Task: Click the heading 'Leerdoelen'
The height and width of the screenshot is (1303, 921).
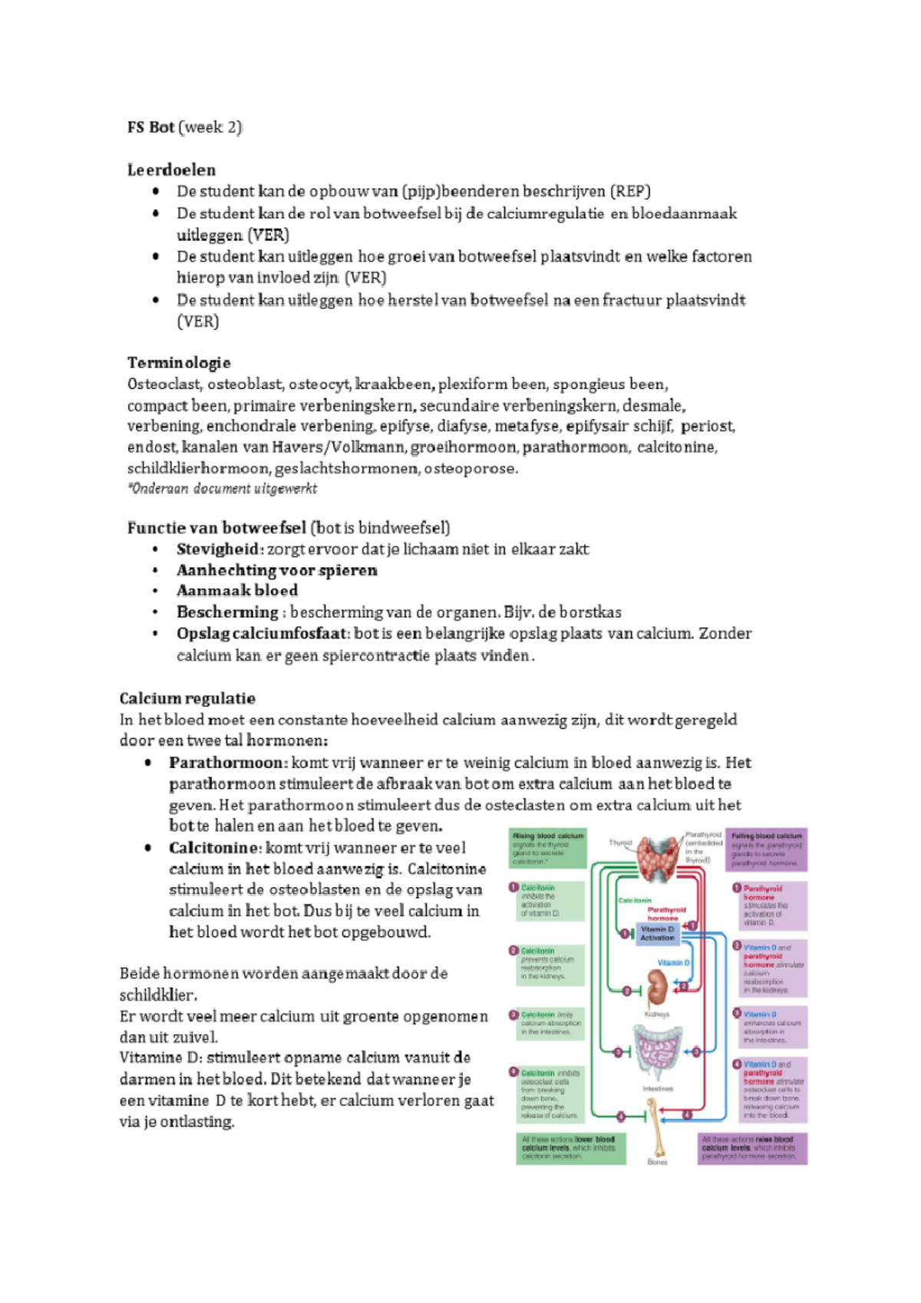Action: pos(171,170)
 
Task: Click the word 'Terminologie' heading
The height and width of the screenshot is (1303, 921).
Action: pos(178,362)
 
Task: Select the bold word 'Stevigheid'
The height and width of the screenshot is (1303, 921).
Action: pos(217,549)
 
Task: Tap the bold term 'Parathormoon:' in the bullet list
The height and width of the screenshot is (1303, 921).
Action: pos(228,763)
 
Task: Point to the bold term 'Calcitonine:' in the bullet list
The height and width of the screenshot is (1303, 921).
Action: pos(215,848)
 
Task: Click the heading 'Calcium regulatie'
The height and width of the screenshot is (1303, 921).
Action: pos(187,698)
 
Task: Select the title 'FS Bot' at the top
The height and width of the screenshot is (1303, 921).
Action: pos(150,127)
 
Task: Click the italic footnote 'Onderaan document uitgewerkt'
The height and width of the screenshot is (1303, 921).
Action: pos(223,489)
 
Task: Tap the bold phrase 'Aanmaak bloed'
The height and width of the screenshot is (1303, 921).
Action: pos(236,590)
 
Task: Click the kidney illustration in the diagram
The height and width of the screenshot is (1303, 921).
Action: pos(656,988)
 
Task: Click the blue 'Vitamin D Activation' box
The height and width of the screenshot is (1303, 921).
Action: pos(657,933)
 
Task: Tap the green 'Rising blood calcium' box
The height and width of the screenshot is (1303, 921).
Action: pos(548,848)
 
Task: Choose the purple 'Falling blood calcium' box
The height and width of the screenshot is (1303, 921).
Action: pos(767,849)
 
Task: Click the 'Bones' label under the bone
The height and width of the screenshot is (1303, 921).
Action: pos(657,1162)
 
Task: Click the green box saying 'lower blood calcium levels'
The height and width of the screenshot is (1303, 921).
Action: pos(570,1148)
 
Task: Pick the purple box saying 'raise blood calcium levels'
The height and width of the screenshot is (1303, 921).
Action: pos(752,1148)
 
